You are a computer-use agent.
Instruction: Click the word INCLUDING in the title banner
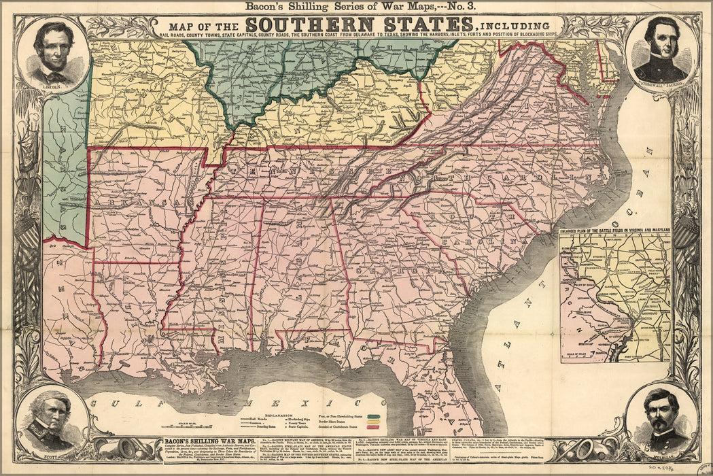pos(521,27)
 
